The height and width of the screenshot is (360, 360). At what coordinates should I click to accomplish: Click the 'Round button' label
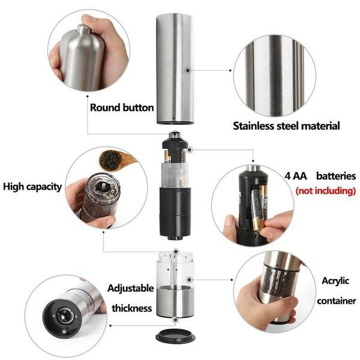point(122,108)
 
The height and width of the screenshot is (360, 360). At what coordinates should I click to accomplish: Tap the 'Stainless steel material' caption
point(286,126)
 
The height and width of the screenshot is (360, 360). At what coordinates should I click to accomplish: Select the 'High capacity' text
point(32,187)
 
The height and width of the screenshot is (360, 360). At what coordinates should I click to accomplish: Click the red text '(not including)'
point(326,191)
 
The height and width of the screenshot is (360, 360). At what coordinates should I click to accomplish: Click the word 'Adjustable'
point(130,288)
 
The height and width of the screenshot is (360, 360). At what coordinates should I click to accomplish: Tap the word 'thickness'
point(131,308)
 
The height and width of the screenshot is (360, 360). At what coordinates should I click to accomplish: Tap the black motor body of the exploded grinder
point(175,210)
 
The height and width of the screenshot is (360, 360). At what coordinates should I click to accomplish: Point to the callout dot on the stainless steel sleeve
point(188,70)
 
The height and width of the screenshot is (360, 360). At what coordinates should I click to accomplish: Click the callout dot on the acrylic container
point(189,279)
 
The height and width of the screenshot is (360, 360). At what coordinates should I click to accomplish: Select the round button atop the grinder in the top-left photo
point(83,28)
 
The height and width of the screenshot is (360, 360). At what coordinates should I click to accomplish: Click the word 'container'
point(337,301)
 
